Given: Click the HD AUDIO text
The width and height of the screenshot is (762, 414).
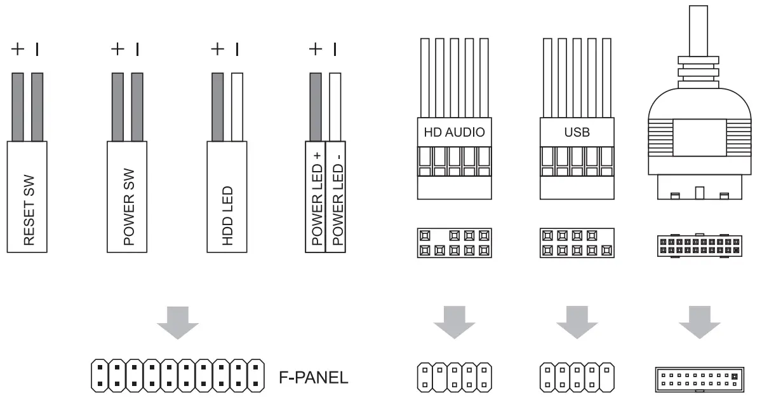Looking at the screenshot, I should click(454, 133).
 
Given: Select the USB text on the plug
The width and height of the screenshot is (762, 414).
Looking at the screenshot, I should click(577, 133).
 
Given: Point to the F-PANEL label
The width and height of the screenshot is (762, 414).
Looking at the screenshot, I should click(314, 377).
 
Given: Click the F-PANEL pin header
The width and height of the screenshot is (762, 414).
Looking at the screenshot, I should click(177, 376).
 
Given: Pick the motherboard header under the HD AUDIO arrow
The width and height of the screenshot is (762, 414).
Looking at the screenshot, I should click(455, 376).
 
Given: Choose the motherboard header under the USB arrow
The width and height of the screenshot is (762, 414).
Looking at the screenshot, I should click(577, 376).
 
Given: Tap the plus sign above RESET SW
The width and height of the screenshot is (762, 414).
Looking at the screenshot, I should click(18, 49).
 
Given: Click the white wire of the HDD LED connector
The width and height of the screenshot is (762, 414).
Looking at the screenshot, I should click(237, 106).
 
